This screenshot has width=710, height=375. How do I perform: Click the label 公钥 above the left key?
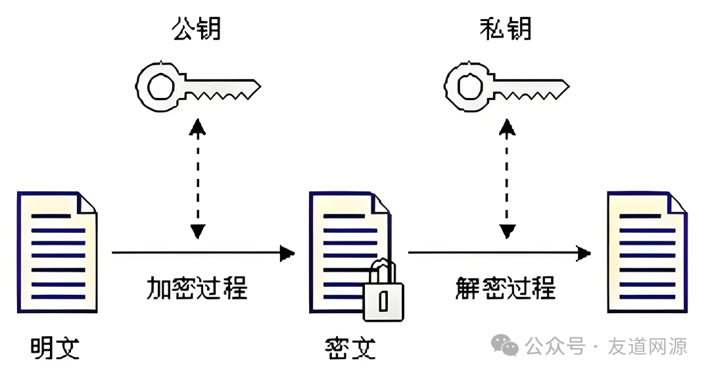point(196,29)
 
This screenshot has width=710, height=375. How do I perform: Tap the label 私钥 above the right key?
point(505,29)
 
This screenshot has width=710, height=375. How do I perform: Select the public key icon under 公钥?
point(197,86)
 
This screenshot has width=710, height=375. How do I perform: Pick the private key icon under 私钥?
point(506,86)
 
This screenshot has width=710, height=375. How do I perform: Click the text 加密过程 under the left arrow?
point(196,287)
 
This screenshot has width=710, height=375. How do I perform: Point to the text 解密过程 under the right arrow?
point(505,287)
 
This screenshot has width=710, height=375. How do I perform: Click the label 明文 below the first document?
point(55,347)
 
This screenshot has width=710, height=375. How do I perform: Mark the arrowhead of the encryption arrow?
point(287,253)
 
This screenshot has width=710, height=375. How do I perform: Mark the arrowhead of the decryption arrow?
point(582,253)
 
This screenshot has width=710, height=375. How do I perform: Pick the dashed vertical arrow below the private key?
point(506,178)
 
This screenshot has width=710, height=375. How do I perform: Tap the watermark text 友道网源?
point(647,346)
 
